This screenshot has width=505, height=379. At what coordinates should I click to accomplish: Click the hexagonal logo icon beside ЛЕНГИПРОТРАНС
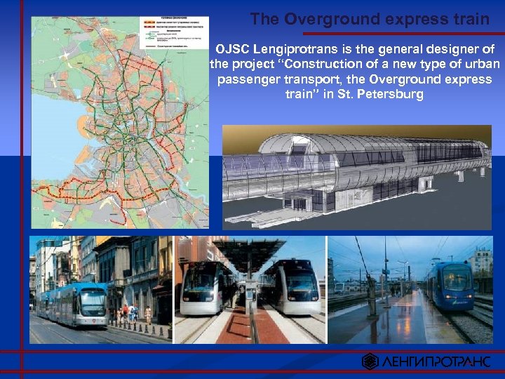[x=370, y=361]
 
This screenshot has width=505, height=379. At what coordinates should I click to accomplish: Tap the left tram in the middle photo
[x=203, y=288]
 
